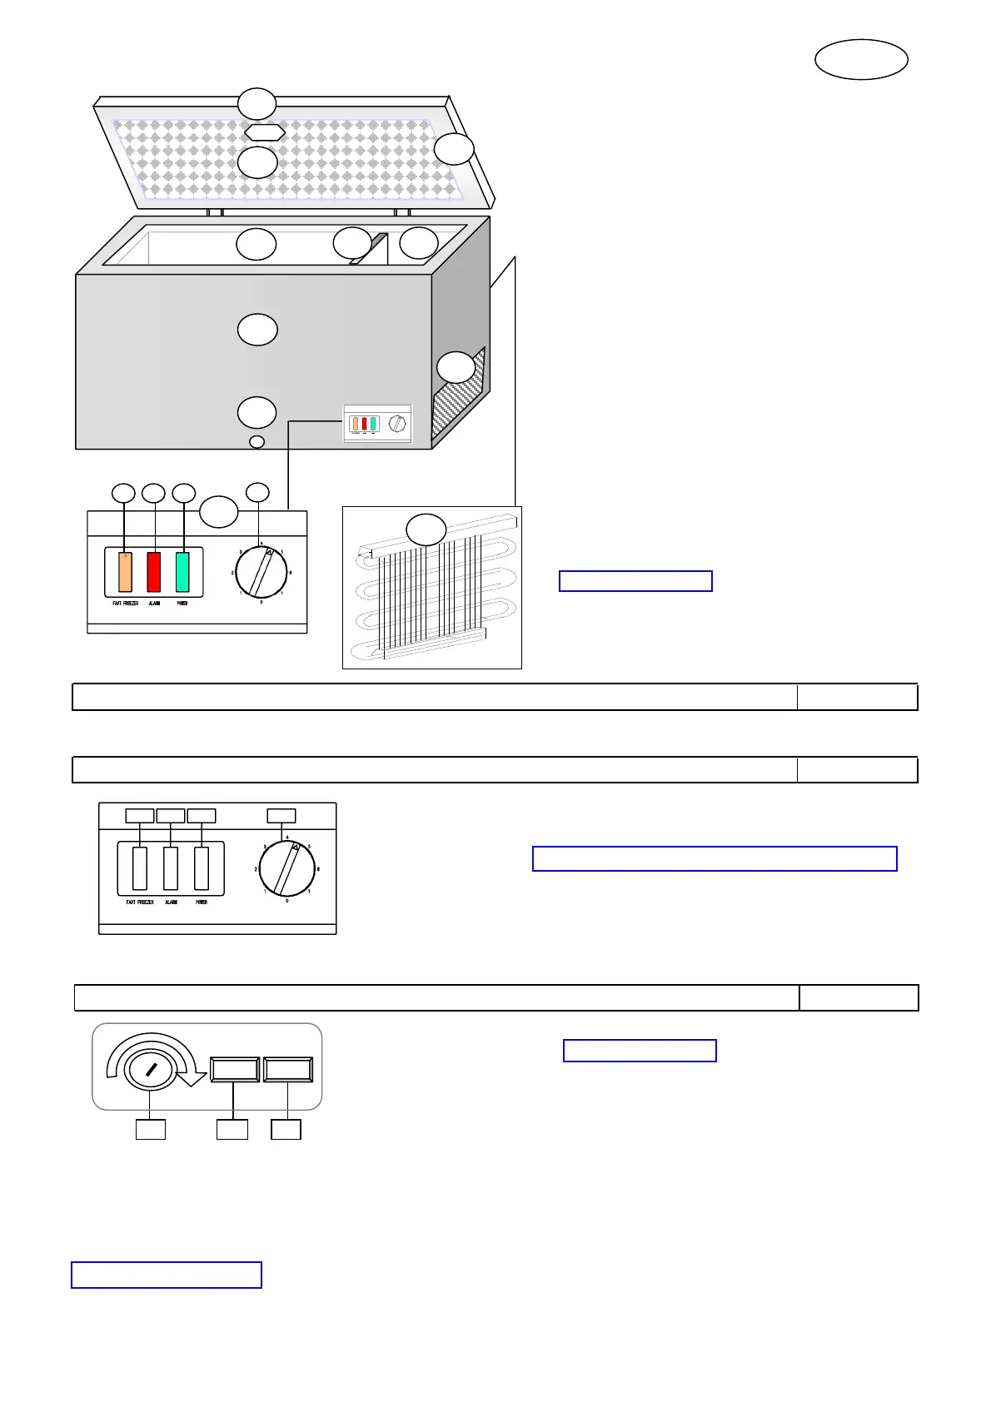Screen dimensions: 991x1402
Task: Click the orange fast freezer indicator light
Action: coord(125,571)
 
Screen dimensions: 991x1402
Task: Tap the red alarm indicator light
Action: coord(154,571)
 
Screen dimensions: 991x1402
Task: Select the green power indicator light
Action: coord(182,571)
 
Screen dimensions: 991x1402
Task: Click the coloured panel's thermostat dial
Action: coord(261,572)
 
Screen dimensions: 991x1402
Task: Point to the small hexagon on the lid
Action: coord(265,132)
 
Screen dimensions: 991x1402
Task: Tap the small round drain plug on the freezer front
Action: coord(257,441)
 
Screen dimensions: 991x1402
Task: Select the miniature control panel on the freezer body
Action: coord(377,424)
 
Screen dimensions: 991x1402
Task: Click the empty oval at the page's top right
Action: coord(861,60)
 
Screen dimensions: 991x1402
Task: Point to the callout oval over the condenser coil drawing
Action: coord(426,529)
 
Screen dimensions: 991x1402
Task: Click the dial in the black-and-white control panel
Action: coord(286,869)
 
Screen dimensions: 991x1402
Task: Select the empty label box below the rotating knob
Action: coord(151,1130)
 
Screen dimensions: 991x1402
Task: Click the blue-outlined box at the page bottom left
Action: coord(167,1275)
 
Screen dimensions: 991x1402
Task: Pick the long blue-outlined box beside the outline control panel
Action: coord(715,858)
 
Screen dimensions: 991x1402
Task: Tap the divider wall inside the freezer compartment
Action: coord(369,249)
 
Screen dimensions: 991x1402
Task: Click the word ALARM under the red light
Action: coord(155,604)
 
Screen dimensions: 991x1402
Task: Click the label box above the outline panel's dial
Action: coord(281,816)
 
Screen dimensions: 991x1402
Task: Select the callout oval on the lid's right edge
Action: coord(454,150)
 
